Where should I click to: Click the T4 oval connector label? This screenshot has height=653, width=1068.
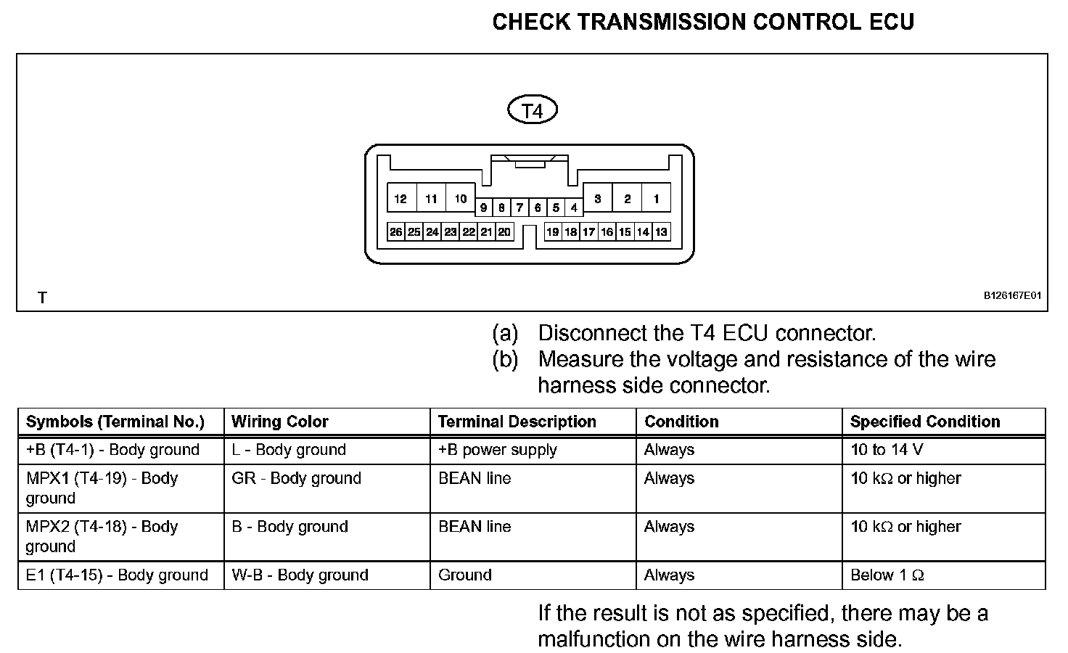(x=533, y=111)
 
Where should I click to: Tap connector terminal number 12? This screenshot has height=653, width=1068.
(x=401, y=199)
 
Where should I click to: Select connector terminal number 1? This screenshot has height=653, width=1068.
(x=657, y=199)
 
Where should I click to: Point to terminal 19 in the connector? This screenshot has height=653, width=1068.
(x=553, y=232)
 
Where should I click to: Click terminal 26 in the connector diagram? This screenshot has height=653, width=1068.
(x=396, y=232)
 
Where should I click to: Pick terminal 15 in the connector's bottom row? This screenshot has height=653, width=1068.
(x=625, y=232)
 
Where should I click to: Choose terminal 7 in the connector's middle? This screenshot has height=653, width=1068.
(x=519, y=208)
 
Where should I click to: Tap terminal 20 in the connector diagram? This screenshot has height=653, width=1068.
(x=504, y=232)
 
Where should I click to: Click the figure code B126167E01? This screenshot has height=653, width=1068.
(x=1012, y=296)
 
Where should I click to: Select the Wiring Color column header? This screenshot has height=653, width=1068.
(x=280, y=422)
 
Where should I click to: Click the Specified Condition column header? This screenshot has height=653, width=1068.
(x=925, y=422)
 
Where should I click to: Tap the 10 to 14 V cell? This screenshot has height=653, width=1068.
(x=887, y=450)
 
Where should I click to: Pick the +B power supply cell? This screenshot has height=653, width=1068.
(x=498, y=450)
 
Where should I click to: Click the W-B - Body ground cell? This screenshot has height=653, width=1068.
(x=300, y=575)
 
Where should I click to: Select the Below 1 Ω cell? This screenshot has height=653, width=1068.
(x=887, y=575)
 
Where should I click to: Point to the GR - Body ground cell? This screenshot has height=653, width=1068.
(x=296, y=479)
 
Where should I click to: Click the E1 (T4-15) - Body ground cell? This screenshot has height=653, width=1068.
(x=117, y=575)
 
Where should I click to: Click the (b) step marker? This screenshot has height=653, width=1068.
(x=505, y=360)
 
